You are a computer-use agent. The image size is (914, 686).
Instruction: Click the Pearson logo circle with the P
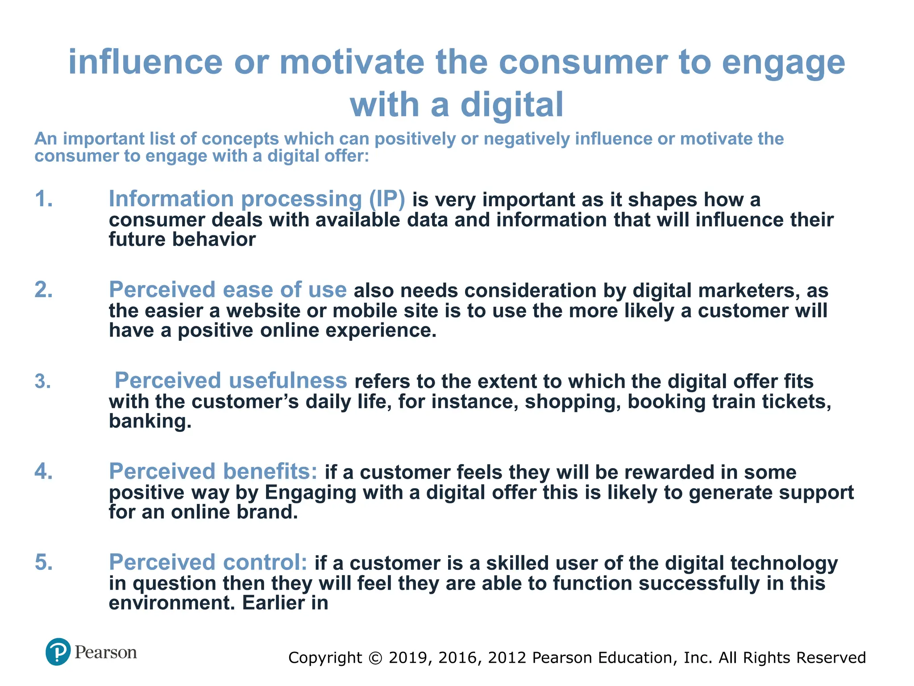58,652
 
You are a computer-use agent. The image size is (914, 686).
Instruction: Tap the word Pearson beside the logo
106,653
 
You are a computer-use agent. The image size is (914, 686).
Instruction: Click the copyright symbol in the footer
376,658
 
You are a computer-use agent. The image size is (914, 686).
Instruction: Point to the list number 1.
44,199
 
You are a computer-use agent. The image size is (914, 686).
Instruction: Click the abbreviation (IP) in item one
387,199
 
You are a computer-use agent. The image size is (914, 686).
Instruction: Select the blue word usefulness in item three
288,381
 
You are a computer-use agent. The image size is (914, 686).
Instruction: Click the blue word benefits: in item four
270,472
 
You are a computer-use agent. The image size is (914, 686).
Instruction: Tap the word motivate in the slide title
352,62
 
